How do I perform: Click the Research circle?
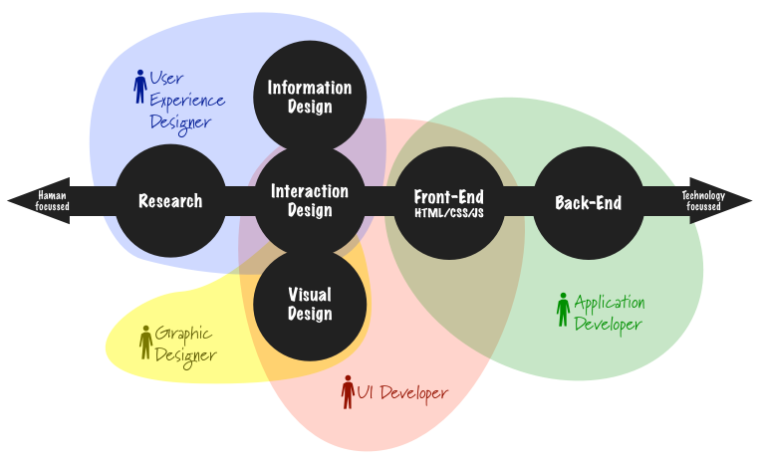tap(170, 201)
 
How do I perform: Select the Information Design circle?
tap(310, 97)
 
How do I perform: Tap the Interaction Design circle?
tap(310, 200)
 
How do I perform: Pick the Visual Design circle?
tap(310, 304)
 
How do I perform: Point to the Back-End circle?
tap(588, 202)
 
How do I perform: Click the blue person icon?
tap(140, 87)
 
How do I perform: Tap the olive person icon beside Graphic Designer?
tap(146, 342)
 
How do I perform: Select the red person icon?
tap(348, 392)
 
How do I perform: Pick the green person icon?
tap(564, 310)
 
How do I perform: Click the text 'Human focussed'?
tap(52, 201)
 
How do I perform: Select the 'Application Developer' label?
tap(609, 313)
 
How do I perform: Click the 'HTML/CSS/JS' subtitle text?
tap(449, 213)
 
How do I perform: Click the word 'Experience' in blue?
tap(186, 101)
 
